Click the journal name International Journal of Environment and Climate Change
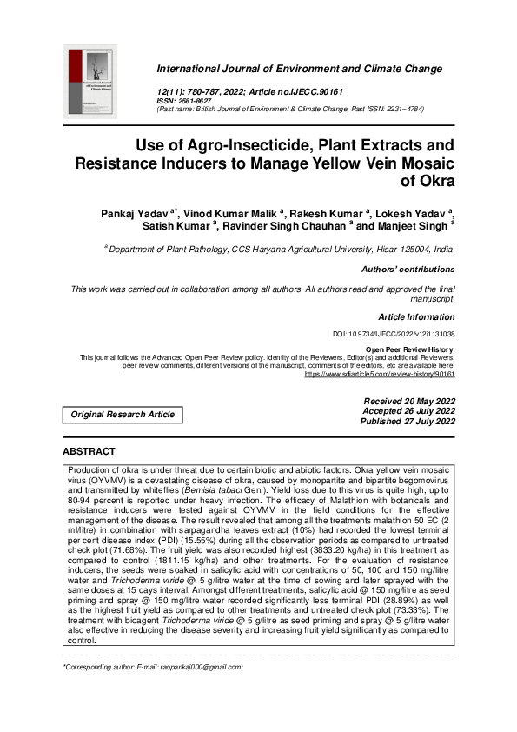pos(299,69)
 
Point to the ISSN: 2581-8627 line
pos(186,101)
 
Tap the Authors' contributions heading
pos(408,270)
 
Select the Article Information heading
pos(416,317)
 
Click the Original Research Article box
pos(123,415)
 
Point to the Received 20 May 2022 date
pos(409,401)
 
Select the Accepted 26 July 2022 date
pos(409,411)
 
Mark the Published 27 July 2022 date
pos(408,422)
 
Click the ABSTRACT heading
pos(89,452)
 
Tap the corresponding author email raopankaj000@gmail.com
pos(202,667)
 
